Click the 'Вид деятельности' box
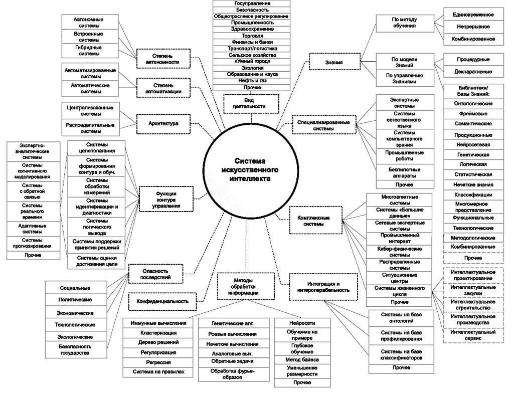[249, 103]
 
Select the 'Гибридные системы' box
[86, 50]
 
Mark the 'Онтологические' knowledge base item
[473, 104]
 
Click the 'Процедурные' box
[473, 59]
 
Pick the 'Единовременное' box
[473, 15]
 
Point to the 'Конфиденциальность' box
[162, 301]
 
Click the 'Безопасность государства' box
[75, 349]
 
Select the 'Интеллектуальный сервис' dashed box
[473, 335]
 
